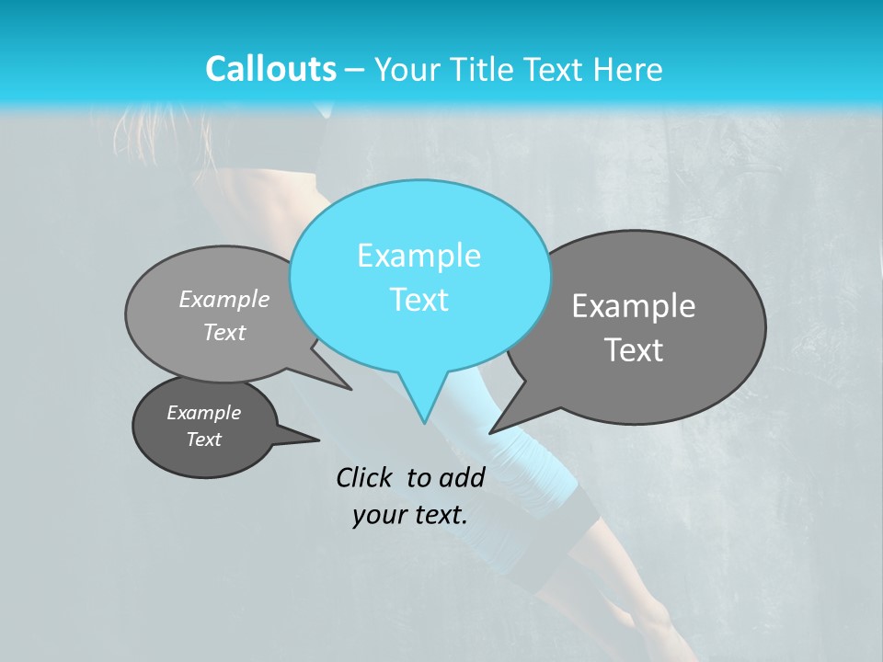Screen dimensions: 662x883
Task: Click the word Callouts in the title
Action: click(270, 69)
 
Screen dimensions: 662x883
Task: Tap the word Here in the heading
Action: click(627, 69)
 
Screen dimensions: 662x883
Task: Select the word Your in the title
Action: click(408, 69)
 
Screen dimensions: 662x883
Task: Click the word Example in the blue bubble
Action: click(419, 256)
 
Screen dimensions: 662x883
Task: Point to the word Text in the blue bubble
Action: click(419, 300)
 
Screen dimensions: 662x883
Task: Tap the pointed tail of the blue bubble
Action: click(423, 419)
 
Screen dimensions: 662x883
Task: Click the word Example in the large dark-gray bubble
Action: click(634, 306)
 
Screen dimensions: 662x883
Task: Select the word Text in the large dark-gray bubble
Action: click(634, 350)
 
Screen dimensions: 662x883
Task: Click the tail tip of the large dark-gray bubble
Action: click(492, 431)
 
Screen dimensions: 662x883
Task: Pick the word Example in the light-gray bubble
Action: click(224, 299)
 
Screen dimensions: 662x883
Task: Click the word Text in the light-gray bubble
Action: click(224, 332)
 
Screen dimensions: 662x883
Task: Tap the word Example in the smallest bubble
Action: click(203, 413)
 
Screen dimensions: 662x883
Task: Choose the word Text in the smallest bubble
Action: click(203, 439)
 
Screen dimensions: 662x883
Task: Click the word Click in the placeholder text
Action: click(363, 477)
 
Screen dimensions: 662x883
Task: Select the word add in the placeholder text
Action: click(462, 477)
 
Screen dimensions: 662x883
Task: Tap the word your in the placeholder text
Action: click(378, 515)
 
